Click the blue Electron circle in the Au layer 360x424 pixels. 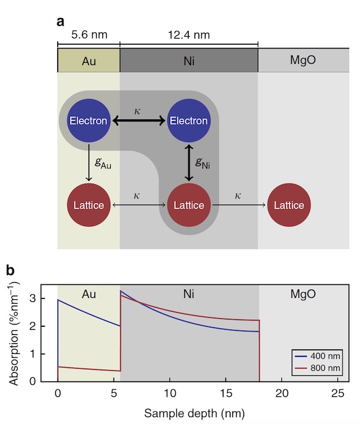tap(89, 120)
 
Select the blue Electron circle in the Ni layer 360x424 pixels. tap(189, 120)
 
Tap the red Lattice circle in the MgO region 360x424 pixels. tap(289, 205)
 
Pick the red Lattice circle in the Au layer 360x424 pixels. tap(89, 205)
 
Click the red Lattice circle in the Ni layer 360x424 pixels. tap(189, 205)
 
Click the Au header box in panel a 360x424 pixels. tap(89, 60)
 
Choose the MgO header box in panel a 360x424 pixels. tap(303, 60)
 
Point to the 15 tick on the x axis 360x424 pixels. tap(225, 392)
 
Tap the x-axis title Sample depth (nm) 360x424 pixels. tap(194, 413)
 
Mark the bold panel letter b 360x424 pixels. tap(10, 271)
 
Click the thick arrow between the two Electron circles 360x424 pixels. tap(138, 120)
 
